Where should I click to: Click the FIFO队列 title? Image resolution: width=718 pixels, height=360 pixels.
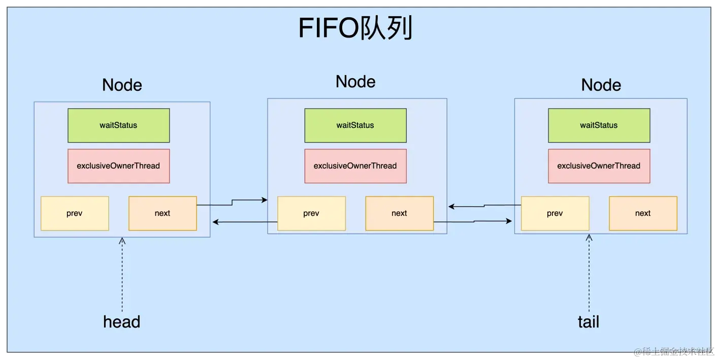(x=355, y=28)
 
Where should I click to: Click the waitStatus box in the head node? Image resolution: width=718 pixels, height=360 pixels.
(x=118, y=125)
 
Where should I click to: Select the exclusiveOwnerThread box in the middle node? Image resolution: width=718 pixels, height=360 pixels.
(x=355, y=166)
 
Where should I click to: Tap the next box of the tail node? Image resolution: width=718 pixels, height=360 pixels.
(x=642, y=213)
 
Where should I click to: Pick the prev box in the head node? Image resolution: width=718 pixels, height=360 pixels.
(x=75, y=213)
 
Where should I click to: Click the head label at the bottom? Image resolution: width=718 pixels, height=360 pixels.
(x=121, y=322)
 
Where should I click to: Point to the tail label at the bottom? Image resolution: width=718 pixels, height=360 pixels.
(x=589, y=322)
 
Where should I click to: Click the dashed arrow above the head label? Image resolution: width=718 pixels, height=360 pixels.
(x=122, y=274)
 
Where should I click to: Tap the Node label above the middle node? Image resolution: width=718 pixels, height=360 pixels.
(x=355, y=82)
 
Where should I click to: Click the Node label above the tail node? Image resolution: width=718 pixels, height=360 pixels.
(x=601, y=85)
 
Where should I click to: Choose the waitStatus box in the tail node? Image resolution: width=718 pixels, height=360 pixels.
(x=599, y=125)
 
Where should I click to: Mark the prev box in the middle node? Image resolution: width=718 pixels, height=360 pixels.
(x=311, y=213)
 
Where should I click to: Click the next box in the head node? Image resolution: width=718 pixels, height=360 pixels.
(x=162, y=213)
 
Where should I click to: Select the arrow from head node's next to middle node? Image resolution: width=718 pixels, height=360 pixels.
(x=232, y=203)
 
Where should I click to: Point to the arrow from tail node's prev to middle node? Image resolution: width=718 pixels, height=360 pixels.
(x=484, y=206)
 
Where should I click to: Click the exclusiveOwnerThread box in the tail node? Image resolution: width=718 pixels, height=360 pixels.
(x=599, y=166)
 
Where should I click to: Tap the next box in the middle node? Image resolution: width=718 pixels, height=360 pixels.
(x=399, y=213)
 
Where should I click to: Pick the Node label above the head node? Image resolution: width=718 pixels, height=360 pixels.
(x=122, y=85)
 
